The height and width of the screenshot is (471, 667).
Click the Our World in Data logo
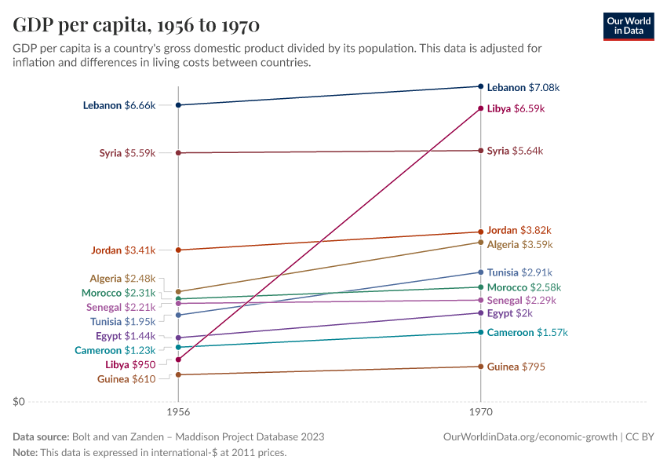pos(628,25)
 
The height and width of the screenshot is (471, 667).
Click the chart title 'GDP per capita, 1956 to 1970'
pos(137,25)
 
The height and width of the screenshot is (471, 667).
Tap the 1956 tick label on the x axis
pos(178,412)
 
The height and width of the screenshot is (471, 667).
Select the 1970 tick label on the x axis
pos(480,412)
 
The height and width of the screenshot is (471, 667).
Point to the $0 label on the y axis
pos(20,402)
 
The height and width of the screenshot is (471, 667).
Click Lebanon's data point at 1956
pos(178,105)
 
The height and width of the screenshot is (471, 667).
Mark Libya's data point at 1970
pos(480,108)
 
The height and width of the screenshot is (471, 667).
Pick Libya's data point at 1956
pos(178,360)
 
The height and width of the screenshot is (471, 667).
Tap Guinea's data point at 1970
pos(480,367)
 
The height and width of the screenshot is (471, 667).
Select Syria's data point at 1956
pos(178,153)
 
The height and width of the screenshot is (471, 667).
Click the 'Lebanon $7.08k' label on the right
pos(523,88)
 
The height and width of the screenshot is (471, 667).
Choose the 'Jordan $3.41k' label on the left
pos(122,250)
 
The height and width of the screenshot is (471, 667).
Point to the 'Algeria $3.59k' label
pos(519,245)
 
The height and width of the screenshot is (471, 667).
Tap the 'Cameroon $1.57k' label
pos(527,333)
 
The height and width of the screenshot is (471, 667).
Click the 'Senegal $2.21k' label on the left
pos(121,307)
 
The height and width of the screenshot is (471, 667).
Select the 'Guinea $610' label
pos(126,379)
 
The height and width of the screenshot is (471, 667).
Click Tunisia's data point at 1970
pos(480,272)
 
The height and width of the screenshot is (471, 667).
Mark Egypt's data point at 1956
pos(178,338)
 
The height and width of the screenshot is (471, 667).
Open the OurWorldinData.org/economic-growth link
pos(530,436)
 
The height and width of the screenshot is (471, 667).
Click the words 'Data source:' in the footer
pos(41,436)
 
